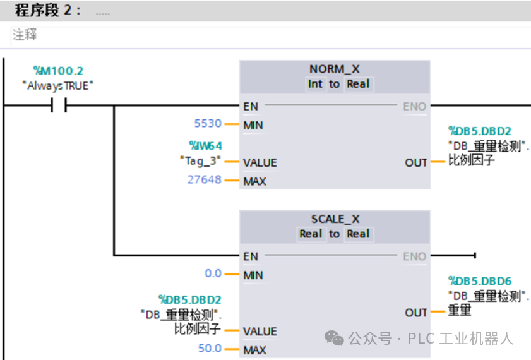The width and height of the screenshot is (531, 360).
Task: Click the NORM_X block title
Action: (334, 68)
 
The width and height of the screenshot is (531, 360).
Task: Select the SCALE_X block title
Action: (335, 219)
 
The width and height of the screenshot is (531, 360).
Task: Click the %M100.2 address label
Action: (57, 71)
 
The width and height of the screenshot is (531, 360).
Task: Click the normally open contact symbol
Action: (58, 106)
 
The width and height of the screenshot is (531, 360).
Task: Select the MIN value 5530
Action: (208, 125)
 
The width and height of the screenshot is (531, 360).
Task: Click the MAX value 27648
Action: (204, 180)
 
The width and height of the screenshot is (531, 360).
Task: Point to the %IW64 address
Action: (205, 147)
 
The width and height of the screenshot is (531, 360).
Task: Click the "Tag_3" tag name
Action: (200, 162)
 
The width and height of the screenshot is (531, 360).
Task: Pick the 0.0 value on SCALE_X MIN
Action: (213, 274)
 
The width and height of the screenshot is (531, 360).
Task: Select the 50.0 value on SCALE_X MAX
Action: (210, 349)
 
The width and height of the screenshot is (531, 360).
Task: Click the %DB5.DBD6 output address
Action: (480, 280)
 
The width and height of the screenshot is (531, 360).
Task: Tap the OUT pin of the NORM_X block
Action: (416, 162)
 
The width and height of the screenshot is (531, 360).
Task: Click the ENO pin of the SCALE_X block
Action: (415, 256)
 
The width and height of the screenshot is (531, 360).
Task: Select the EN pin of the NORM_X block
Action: (251, 106)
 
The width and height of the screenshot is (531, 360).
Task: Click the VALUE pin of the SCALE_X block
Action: (260, 331)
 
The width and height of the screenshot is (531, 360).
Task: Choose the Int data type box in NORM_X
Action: (314, 84)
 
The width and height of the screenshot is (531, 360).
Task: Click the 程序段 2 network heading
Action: (47, 11)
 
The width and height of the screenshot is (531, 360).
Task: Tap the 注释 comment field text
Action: (25, 35)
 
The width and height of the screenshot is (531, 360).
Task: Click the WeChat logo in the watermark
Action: (335, 339)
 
